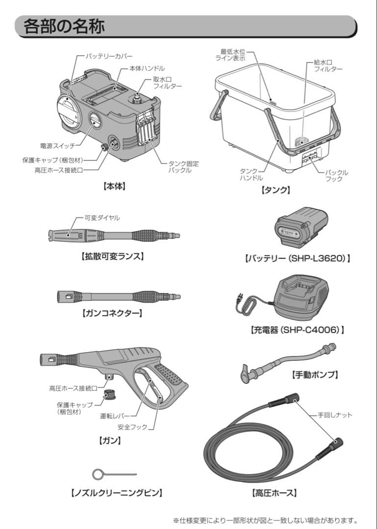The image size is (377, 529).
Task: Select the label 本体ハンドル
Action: tap(147, 69)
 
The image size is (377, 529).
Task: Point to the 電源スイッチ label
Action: tap(57, 146)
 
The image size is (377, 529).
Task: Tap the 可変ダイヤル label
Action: tap(102, 217)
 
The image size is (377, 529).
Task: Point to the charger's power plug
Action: tap(240, 297)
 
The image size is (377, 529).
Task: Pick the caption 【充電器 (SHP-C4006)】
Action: tap(297, 330)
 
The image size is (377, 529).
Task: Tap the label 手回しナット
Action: tap(334, 415)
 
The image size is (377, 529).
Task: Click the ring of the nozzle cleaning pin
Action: tap(98, 474)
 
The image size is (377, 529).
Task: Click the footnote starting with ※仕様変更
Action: tap(265, 520)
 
